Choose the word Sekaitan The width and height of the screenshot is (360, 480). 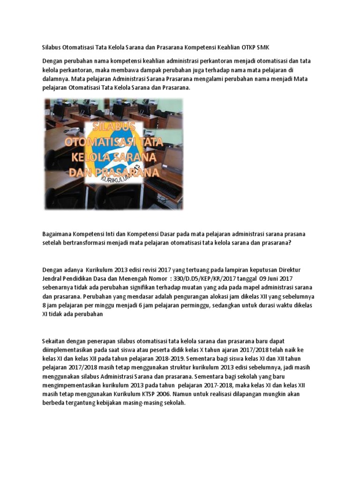pyautogui.click(x=55, y=340)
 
